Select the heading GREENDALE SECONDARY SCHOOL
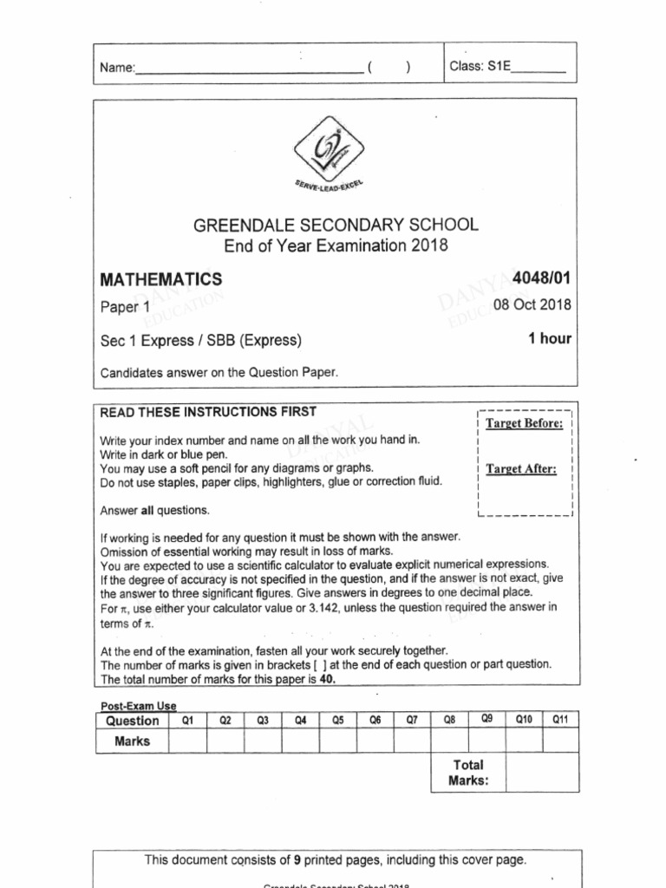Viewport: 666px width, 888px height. [335, 225]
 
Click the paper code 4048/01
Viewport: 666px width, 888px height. [542, 278]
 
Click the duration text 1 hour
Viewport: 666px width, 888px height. [549, 338]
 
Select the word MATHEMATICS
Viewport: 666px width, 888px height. [161, 279]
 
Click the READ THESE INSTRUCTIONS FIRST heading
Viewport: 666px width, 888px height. [209, 411]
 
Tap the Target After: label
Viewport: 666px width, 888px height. [521, 469]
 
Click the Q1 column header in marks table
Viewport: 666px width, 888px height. [187, 721]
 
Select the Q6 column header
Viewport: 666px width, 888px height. [375, 721]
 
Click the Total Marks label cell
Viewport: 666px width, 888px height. [467, 773]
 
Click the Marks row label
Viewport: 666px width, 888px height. [132, 741]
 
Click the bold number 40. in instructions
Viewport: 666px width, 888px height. [323, 680]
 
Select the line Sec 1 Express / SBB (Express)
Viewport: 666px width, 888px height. [201, 340]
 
